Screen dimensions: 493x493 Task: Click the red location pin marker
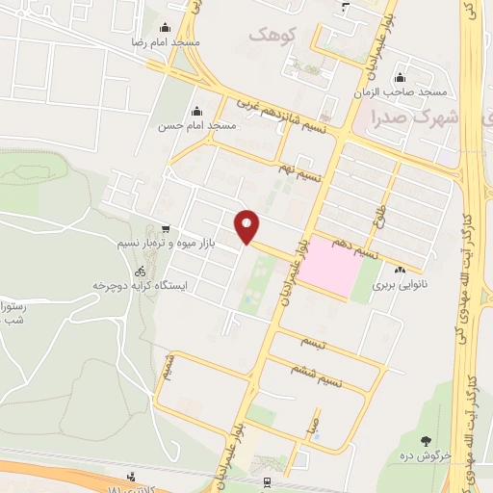pos(248,226)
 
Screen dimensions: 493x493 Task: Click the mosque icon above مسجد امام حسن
pos(197,110)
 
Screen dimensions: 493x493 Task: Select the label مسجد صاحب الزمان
pos(411,91)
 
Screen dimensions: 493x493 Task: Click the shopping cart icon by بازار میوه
pos(167,229)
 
